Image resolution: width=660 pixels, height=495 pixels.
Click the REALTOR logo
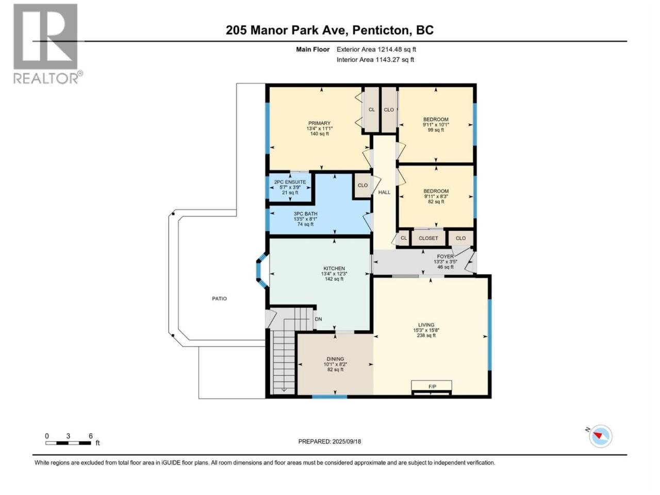(x=47, y=44)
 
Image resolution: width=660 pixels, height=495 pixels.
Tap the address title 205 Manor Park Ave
(x=287, y=30)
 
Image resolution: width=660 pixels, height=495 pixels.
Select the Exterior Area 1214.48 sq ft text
(x=376, y=49)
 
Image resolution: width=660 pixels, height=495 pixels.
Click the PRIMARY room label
(x=319, y=123)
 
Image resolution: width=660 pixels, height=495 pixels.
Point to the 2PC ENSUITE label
(x=290, y=182)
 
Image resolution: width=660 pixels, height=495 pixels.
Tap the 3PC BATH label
(x=305, y=214)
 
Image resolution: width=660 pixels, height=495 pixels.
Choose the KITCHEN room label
(x=334, y=269)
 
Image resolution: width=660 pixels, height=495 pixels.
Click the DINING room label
(x=335, y=359)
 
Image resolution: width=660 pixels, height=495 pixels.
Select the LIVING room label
(x=426, y=325)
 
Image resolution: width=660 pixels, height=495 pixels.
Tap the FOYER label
(x=445, y=256)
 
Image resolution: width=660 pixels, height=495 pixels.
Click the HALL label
(x=384, y=192)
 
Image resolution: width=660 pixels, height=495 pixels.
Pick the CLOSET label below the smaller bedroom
(x=428, y=238)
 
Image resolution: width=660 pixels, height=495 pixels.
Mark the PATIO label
(x=220, y=299)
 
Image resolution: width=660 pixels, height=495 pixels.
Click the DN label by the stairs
(x=319, y=319)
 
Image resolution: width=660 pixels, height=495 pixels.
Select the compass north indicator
(x=600, y=436)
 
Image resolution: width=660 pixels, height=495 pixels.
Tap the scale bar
(x=68, y=443)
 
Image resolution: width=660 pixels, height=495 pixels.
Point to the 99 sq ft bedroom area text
(x=436, y=130)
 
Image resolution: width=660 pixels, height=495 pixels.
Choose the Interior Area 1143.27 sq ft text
(x=375, y=59)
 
